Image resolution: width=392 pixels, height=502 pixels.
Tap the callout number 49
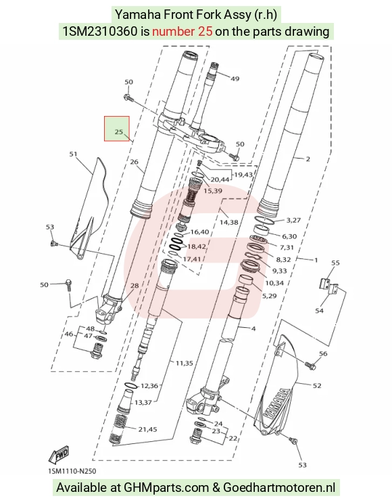point(235,78)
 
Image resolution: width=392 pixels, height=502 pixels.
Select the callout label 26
point(134,162)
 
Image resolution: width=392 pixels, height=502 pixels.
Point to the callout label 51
point(74,154)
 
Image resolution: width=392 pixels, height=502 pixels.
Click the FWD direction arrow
point(59,455)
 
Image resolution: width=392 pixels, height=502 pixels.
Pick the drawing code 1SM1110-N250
point(72,471)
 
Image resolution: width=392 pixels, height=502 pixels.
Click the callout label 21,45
point(147,429)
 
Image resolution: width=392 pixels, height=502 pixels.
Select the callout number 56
point(323,354)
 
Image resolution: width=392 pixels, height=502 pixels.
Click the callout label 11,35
point(184,363)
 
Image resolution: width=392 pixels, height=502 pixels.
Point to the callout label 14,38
point(228,222)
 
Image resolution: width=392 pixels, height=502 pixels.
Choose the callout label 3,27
point(293,220)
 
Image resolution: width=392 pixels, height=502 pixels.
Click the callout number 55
point(335,263)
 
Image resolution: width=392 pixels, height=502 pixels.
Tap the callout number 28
point(134,285)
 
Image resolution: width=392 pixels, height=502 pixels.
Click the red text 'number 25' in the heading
point(182,31)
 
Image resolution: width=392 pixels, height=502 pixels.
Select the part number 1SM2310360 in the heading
point(100,31)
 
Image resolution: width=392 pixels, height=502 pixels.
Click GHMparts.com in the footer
point(166,488)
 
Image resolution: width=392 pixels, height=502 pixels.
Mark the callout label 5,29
point(269,296)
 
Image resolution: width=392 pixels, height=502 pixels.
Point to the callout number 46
point(69,334)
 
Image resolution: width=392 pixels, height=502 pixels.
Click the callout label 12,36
point(149,386)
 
